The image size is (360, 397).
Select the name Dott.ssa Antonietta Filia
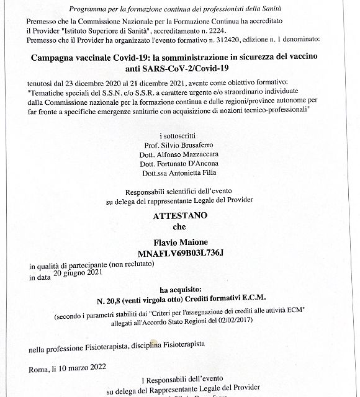click(179, 172)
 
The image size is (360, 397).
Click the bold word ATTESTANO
click(179, 216)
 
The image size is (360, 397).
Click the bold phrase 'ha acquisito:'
click(179, 290)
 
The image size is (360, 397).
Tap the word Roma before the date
click(37, 370)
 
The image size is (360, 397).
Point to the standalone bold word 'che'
click(179, 227)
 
